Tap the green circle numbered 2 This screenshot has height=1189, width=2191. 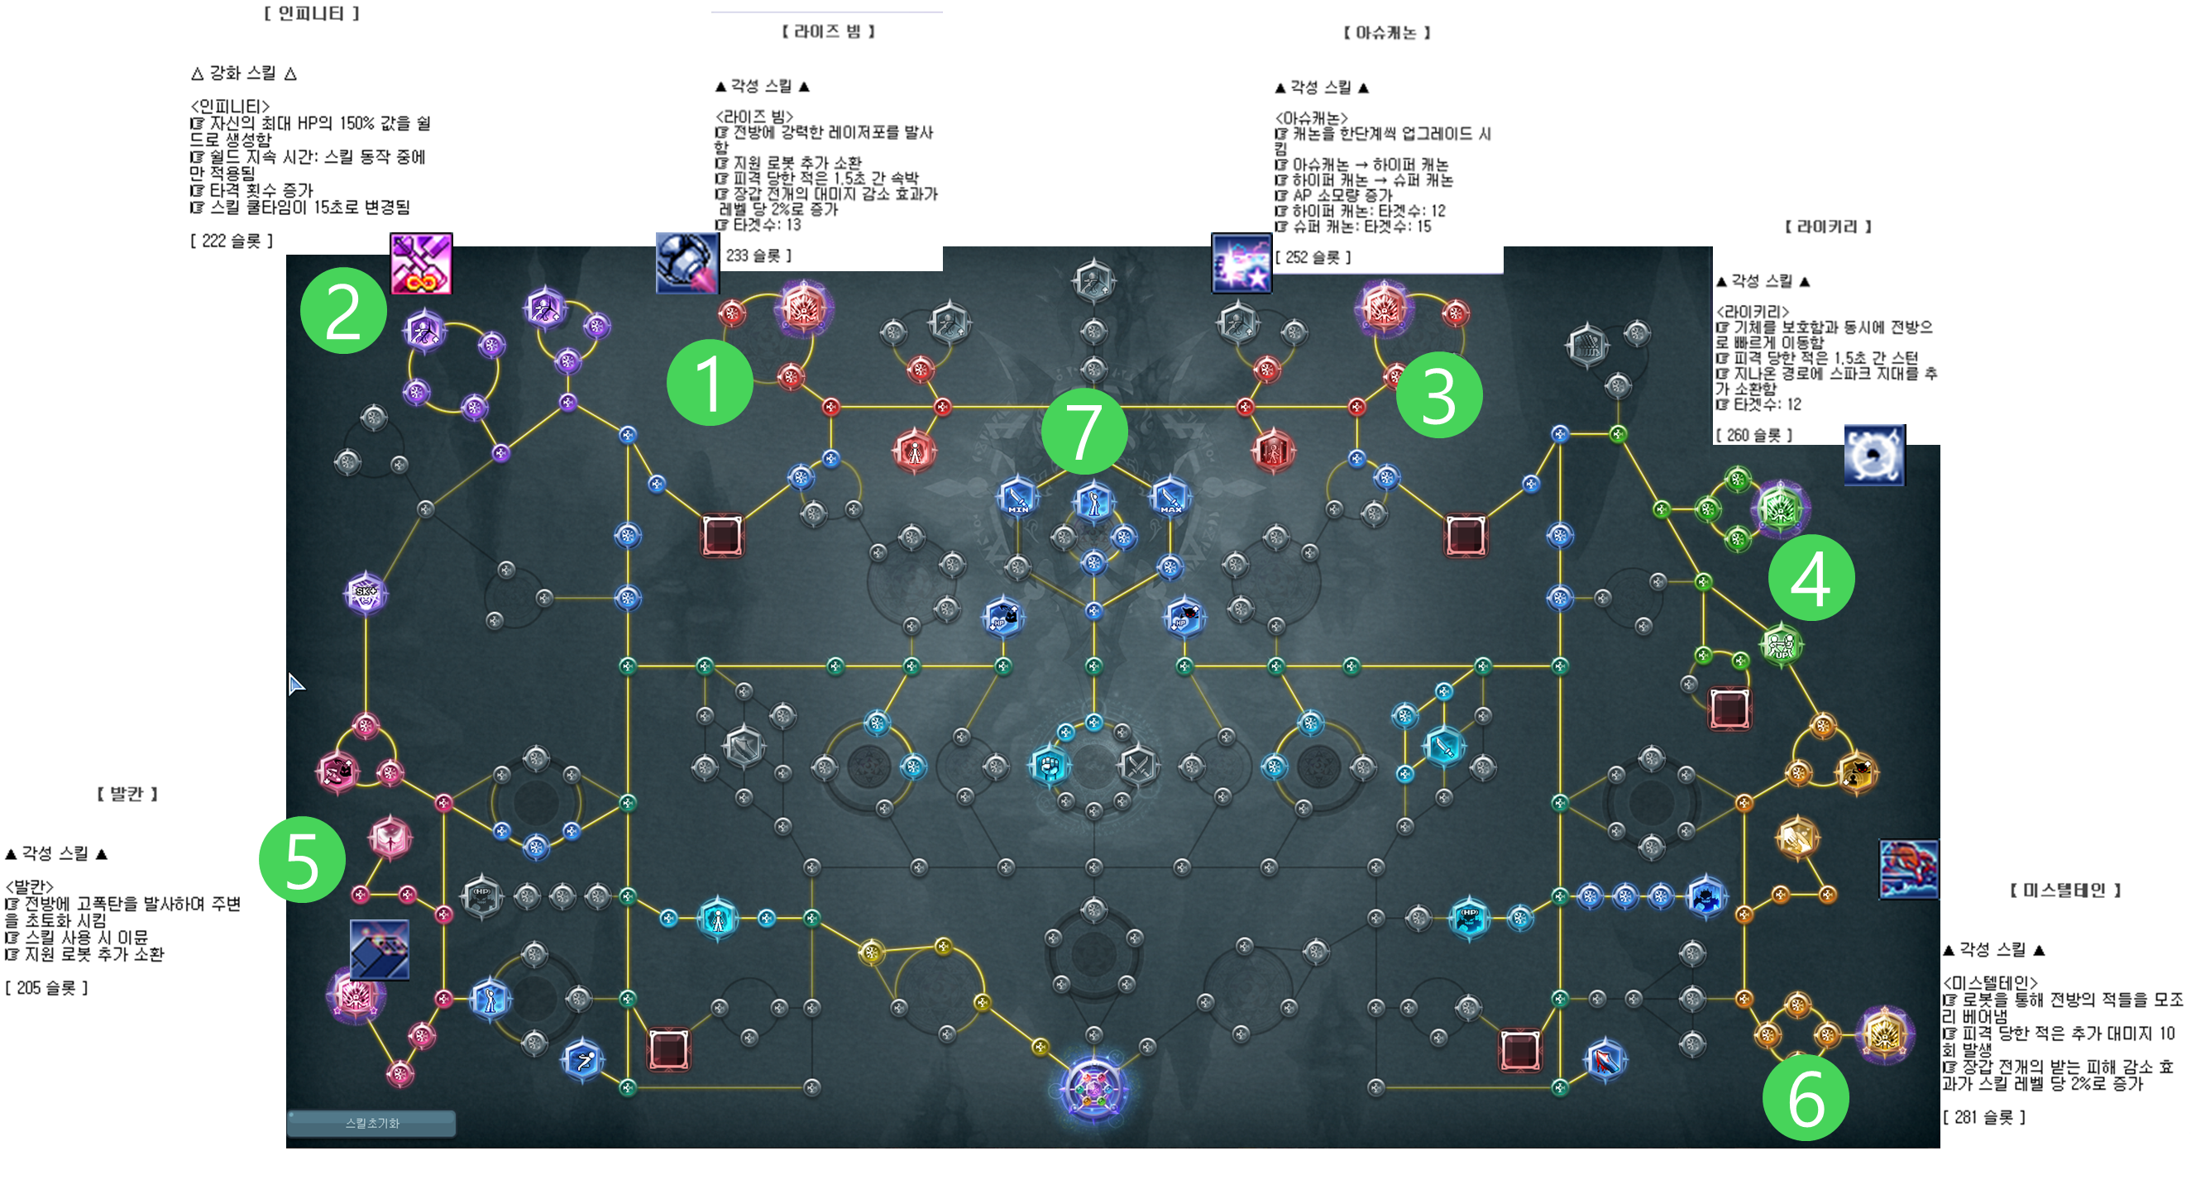342,310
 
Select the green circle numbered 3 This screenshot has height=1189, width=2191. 1438,394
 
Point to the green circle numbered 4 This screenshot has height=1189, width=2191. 1811,577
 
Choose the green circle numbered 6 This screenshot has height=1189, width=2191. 1805,1098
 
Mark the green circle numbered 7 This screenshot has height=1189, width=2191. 1084,432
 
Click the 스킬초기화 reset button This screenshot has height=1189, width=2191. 371,1123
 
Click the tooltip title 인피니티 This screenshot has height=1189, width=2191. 311,13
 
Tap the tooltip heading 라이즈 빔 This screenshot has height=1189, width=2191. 828,31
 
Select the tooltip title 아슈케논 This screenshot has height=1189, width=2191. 1386,33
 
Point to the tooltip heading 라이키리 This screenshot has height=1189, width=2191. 1827,227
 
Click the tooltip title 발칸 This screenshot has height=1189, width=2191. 127,794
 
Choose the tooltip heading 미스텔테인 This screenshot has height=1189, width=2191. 2065,890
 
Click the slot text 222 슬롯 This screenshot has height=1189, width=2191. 232,241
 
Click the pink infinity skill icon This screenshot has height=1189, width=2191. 421,264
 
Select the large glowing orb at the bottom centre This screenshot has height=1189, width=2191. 1093,1089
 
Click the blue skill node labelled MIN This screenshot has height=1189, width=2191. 1017,496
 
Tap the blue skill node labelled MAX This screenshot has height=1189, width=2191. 1170,496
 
